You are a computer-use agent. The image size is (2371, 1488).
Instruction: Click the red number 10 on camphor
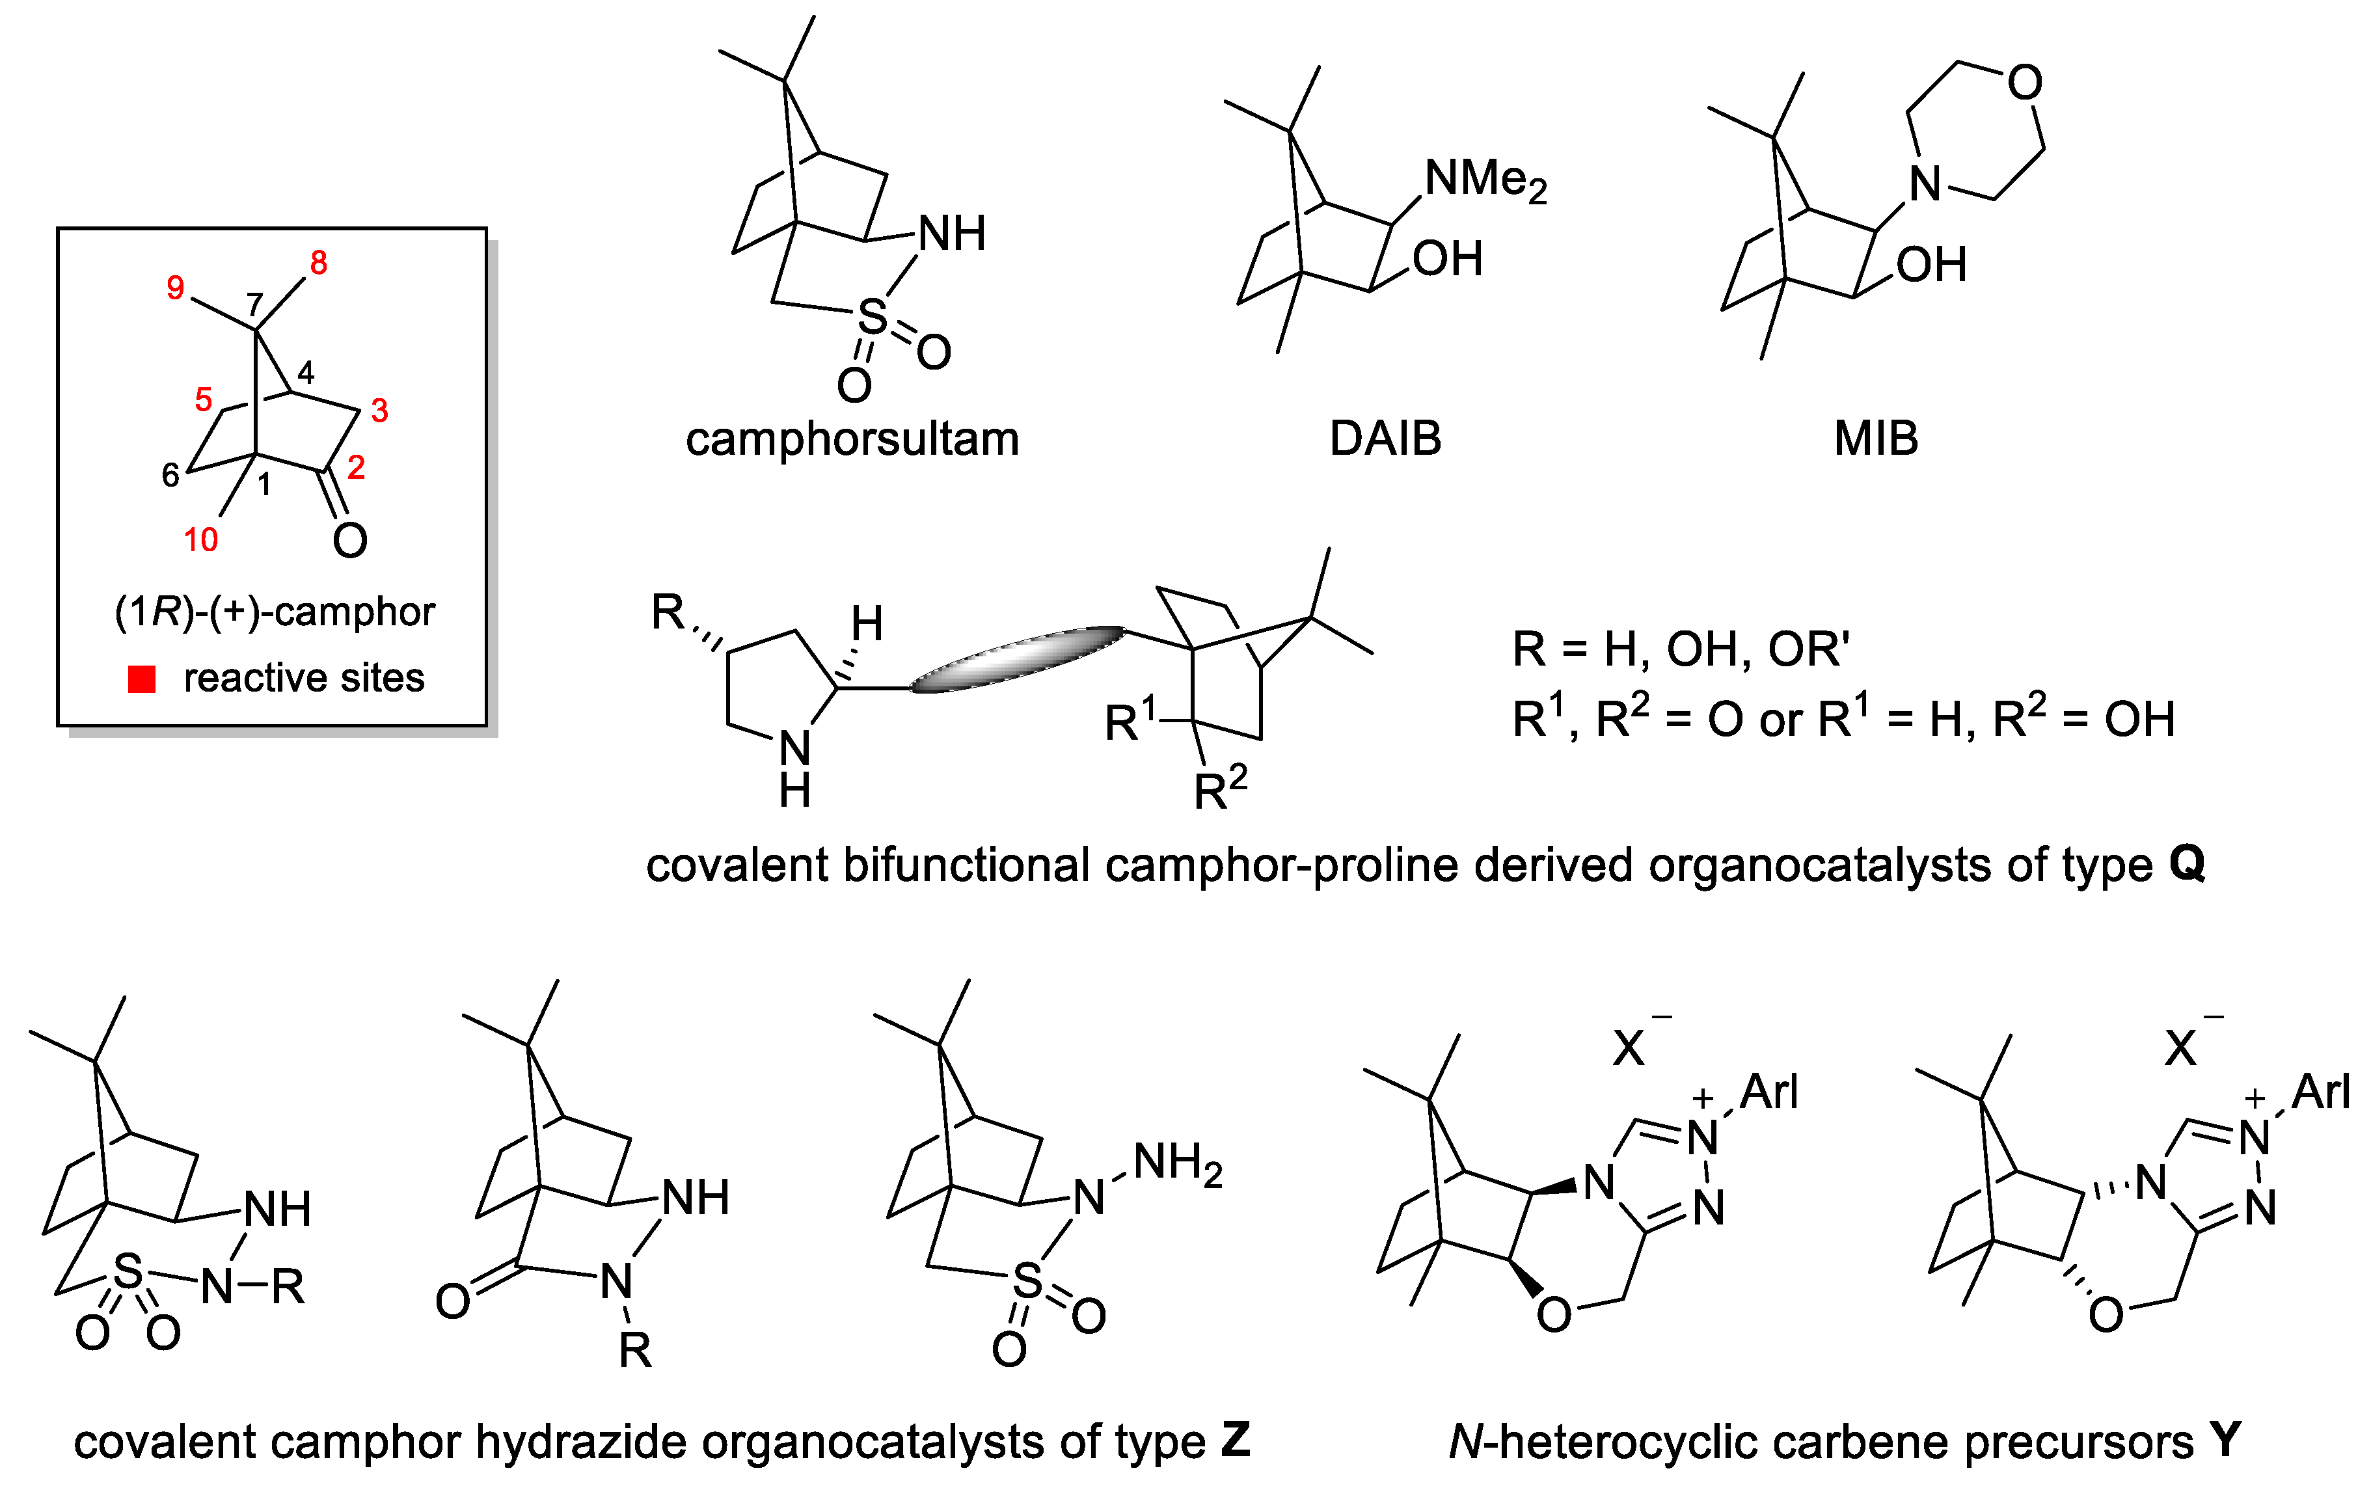point(201,539)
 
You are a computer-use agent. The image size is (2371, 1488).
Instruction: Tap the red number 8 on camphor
point(318,263)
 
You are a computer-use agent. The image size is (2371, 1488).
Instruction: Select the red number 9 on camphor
point(175,288)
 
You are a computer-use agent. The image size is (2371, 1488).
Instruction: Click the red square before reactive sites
point(142,679)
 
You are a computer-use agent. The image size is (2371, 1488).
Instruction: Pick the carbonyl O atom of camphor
point(349,540)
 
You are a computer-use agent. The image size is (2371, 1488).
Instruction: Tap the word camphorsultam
point(852,439)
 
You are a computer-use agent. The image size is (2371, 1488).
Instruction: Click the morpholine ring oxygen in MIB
point(2025,83)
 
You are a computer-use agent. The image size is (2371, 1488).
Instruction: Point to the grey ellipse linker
point(1017,658)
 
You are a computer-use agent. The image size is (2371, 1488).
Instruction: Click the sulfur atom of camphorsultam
point(872,317)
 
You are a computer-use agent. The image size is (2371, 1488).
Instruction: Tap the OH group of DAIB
point(1447,259)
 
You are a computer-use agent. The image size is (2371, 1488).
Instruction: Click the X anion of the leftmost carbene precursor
point(1629,1049)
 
